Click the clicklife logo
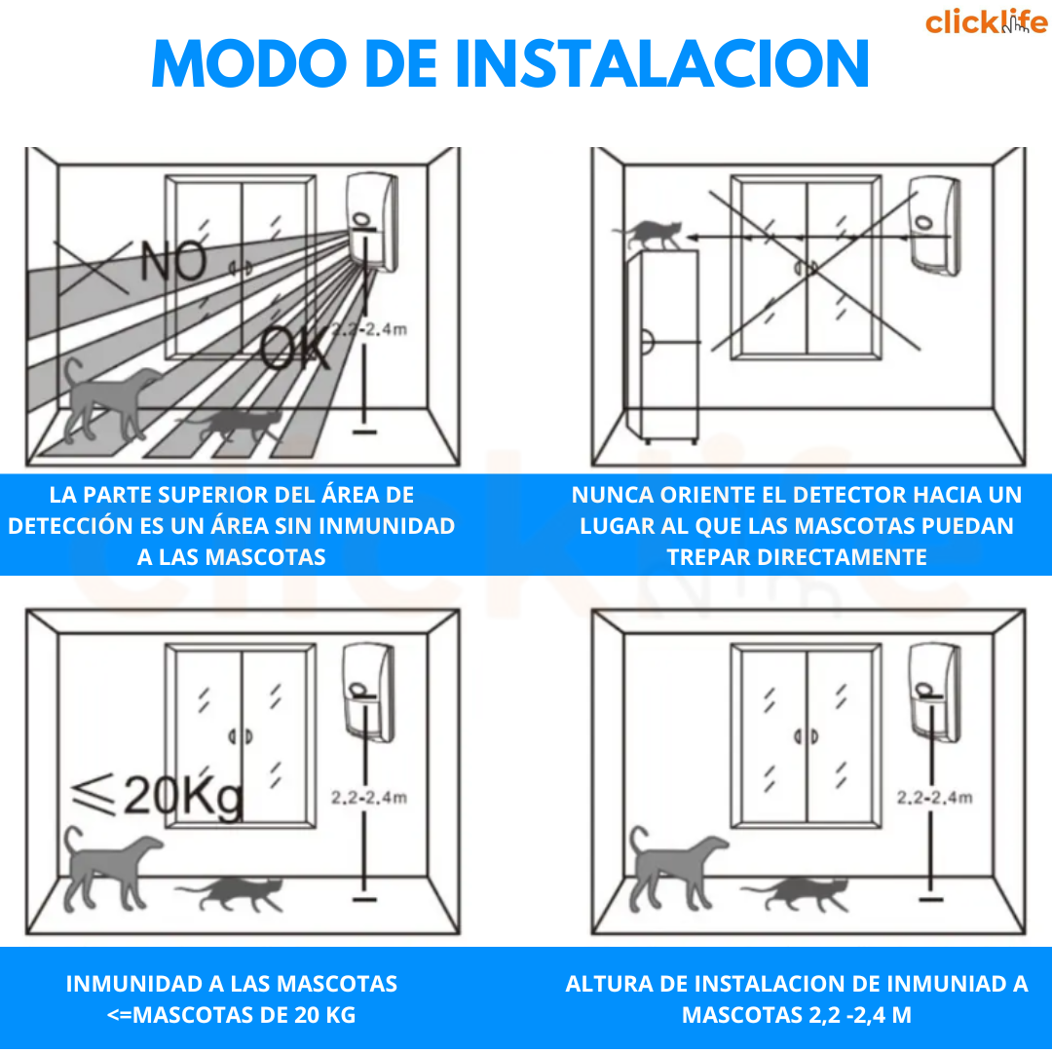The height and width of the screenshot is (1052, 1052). (x=986, y=21)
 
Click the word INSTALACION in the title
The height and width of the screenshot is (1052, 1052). (x=662, y=63)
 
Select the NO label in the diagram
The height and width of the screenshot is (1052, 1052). (x=173, y=261)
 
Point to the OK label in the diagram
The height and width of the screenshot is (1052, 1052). (x=295, y=348)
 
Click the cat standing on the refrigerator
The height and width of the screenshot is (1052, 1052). (x=649, y=234)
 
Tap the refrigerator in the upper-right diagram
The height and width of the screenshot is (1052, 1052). (x=661, y=347)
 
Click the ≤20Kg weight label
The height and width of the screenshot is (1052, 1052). (x=157, y=797)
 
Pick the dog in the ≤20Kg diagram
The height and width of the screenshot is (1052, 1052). (x=111, y=869)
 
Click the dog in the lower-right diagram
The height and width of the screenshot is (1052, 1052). (x=676, y=869)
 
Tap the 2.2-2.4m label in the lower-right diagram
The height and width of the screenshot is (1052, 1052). (x=934, y=797)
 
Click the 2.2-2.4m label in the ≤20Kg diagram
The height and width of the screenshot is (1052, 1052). (x=369, y=797)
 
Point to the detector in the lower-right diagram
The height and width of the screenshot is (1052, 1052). (x=934, y=694)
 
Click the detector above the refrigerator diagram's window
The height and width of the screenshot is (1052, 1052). (x=934, y=225)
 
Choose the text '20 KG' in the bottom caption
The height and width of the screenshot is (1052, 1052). (x=324, y=1014)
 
